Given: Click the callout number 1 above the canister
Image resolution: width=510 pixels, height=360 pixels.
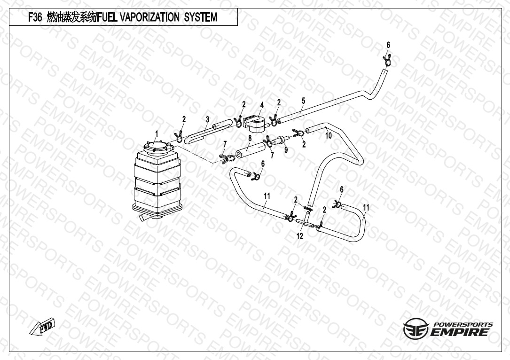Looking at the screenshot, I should click(157, 134).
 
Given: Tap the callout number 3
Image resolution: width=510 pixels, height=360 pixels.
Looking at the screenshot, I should click(207, 119).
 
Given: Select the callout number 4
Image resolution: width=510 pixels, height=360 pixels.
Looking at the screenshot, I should click(262, 104).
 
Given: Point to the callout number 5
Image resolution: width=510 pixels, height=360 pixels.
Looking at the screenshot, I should click(303, 101).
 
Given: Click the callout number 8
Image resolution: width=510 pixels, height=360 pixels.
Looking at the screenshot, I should click(250, 138).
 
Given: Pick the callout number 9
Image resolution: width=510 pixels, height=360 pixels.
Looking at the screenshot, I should click(286, 150).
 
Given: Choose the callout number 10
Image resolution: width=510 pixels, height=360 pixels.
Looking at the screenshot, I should click(329, 135).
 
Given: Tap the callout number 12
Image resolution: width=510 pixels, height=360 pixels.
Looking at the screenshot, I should click(300, 236).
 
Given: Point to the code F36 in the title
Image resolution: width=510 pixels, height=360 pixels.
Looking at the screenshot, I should click(36, 18).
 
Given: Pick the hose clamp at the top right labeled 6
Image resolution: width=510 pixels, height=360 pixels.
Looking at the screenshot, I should click(388, 61).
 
